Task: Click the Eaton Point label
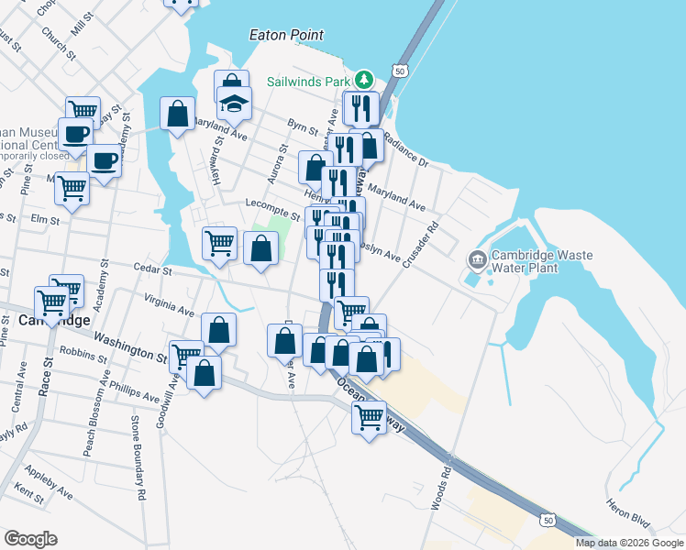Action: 286,35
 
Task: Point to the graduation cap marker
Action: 235,104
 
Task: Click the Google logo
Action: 30,539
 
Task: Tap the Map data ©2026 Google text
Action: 629,543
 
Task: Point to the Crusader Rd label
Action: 433,237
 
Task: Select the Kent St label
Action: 29,496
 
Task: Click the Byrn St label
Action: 302,129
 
